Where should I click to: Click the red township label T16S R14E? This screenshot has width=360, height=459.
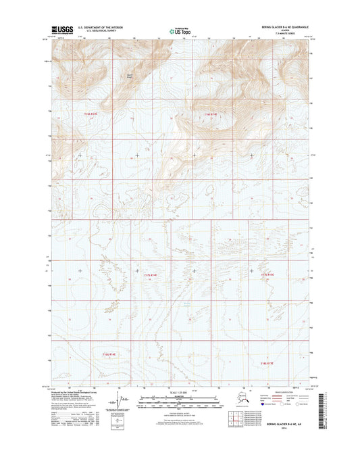point(211,114)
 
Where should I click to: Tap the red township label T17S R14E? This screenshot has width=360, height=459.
point(151,276)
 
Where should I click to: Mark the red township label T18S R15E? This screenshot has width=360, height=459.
point(268,364)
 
